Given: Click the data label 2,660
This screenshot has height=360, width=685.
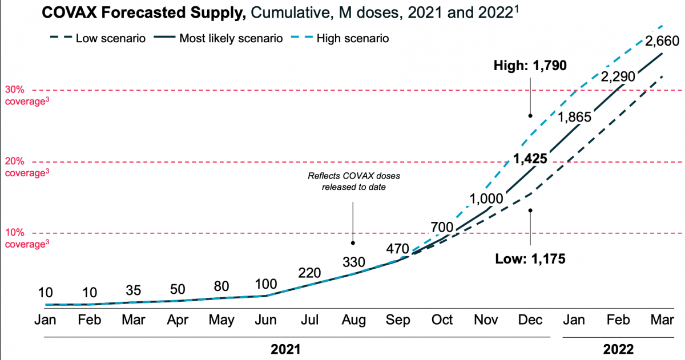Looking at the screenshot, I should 662,41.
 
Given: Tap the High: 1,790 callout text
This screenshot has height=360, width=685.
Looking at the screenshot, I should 530,66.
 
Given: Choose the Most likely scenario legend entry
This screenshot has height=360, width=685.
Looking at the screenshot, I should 231,38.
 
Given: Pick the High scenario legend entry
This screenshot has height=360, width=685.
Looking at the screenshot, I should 353,38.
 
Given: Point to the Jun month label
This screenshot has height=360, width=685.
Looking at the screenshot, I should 265,319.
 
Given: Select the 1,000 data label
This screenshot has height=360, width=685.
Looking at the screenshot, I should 486,199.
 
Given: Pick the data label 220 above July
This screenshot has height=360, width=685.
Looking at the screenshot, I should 310,272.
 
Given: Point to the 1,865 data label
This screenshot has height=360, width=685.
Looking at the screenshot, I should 575,118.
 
